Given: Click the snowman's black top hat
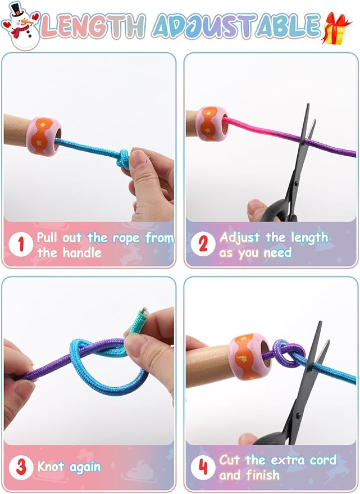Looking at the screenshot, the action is point(17,9).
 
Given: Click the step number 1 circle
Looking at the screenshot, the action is point(21,244).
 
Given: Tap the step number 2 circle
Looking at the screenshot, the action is point(203,244).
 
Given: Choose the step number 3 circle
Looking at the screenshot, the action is point(21,467).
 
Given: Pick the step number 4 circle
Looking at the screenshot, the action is point(203,467).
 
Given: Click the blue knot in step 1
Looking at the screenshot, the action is point(124,158).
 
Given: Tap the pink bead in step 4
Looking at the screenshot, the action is point(250,356).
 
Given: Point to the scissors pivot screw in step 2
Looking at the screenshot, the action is point(295,183).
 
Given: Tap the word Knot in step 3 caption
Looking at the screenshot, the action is point(50,466).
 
